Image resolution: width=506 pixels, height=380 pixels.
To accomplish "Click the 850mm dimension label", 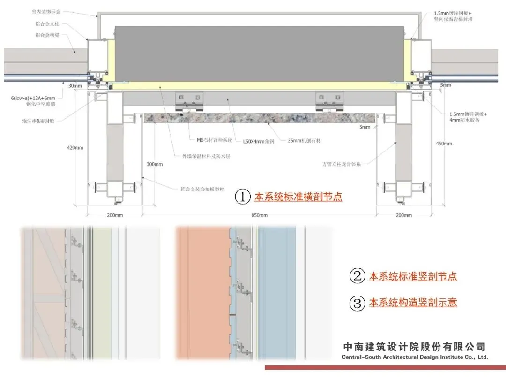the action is pyautogui.click(x=259, y=215).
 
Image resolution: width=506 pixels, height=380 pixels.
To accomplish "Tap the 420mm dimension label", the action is pyautogui.click(x=75, y=147).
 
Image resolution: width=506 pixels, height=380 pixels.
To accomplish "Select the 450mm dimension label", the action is pyautogui.click(x=444, y=144).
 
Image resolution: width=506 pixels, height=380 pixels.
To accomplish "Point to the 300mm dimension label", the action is pyautogui.click(x=155, y=164).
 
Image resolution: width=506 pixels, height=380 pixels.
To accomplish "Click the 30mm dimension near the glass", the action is pyautogui.click(x=74, y=86).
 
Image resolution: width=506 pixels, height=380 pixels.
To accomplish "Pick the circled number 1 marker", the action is pyautogui.click(x=243, y=197).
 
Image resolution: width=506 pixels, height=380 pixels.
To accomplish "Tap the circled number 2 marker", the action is pyautogui.click(x=357, y=276).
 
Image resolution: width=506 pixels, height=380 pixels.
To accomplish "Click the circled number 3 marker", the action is pyautogui.click(x=357, y=303).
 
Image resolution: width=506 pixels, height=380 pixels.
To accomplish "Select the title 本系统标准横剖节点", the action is pyautogui.click(x=298, y=197).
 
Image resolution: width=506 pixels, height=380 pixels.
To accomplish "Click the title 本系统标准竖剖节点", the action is pyautogui.click(x=413, y=276).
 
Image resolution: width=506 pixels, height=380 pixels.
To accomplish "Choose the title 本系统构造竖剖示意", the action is pyautogui.click(x=413, y=303).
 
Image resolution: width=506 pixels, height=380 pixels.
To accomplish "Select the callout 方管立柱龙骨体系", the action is pyautogui.click(x=341, y=164).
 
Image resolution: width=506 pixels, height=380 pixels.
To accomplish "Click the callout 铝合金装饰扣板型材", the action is pyautogui.click(x=202, y=190).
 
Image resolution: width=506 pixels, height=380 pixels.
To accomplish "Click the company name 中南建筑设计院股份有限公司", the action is pyautogui.click(x=415, y=347).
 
